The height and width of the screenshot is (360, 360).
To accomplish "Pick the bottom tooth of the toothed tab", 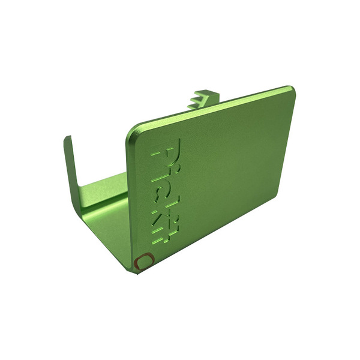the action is point(194,106).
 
